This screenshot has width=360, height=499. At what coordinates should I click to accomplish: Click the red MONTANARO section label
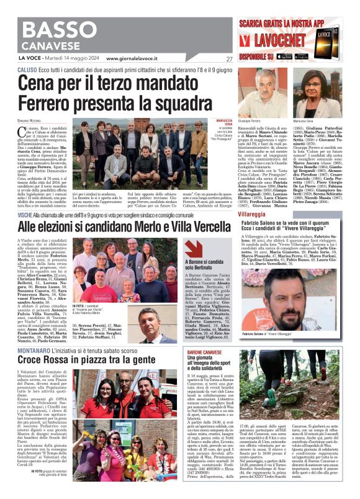point(34,351)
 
